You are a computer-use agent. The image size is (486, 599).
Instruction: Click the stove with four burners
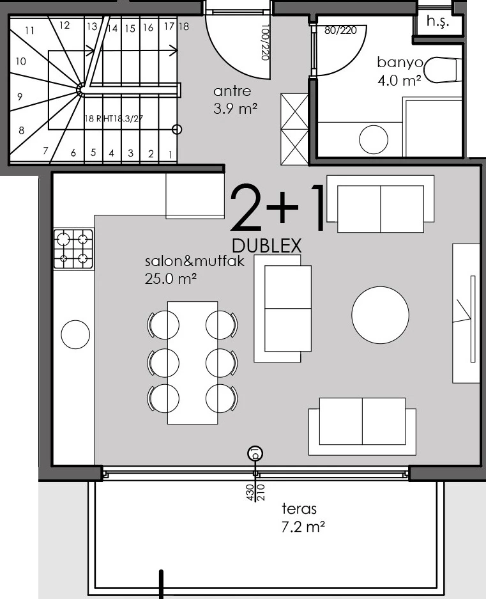(x=73, y=249)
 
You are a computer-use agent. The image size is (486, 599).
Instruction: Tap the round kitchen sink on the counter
(x=75, y=334)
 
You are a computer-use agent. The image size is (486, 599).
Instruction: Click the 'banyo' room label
(x=400, y=62)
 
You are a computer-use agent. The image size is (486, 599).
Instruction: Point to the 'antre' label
(x=232, y=91)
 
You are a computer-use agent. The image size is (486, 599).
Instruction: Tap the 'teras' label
(x=300, y=509)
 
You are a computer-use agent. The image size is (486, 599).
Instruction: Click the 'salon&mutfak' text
(x=194, y=261)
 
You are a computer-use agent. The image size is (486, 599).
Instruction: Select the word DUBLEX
(x=266, y=245)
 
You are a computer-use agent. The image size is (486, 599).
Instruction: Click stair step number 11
(x=30, y=30)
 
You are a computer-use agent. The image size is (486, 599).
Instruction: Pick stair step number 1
(x=171, y=155)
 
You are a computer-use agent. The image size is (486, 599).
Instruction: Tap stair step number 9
(x=20, y=97)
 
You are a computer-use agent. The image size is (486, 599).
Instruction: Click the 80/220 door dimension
(x=340, y=30)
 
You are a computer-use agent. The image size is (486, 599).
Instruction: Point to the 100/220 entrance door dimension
(x=266, y=42)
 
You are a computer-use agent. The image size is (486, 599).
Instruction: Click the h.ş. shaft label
(x=438, y=21)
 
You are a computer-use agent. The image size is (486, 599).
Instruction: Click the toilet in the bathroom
(x=443, y=70)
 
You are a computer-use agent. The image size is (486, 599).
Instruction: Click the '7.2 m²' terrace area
(x=303, y=527)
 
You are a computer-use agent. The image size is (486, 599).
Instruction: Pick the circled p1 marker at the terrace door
(x=255, y=454)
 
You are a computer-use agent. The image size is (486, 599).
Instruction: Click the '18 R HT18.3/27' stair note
(x=113, y=118)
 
